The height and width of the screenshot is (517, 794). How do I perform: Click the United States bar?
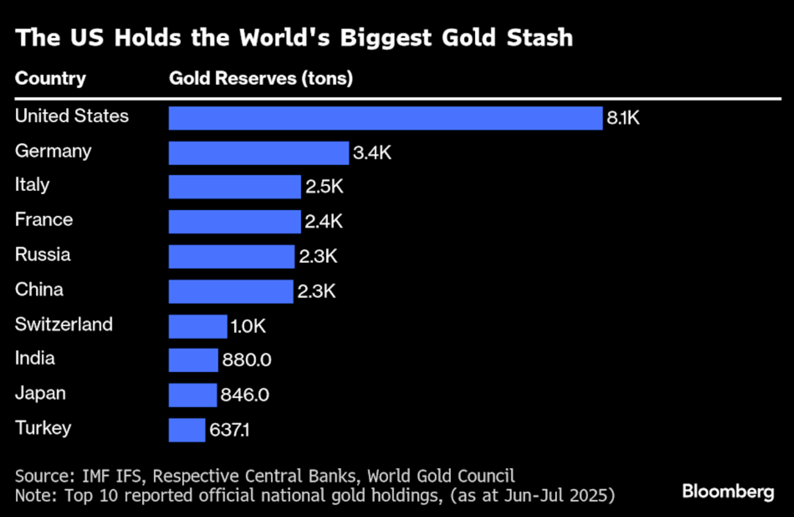coord(386,118)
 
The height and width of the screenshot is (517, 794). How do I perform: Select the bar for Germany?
coord(259,153)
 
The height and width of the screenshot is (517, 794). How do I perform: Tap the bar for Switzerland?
coord(198,327)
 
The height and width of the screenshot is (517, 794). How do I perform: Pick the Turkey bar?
coord(187,430)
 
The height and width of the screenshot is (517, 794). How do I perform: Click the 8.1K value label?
coord(623,118)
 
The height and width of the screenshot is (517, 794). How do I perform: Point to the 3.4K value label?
coord(372,153)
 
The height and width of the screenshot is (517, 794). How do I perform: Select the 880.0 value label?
coord(247,360)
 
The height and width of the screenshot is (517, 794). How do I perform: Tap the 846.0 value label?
coord(245,395)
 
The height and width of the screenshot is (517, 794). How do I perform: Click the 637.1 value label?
coord(229,430)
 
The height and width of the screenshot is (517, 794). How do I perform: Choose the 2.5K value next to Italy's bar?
coord(324,187)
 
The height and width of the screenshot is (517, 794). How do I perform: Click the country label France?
coord(44,220)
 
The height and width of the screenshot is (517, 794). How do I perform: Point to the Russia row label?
coord(42,255)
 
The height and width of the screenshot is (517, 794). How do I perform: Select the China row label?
coord(39,290)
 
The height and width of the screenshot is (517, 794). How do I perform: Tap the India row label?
coord(35,359)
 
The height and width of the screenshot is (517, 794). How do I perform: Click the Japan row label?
coord(40,393)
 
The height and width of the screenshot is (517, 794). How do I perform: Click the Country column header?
coord(50,78)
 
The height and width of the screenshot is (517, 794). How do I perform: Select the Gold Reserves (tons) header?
coord(261,78)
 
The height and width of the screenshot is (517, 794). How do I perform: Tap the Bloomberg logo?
coord(728,491)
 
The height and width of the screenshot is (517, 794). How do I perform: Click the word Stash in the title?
coord(539,38)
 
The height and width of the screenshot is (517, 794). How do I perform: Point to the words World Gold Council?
coord(441,476)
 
